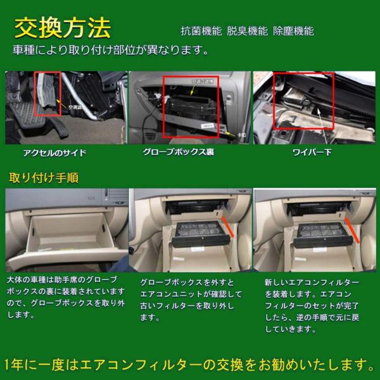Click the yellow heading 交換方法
[62, 28]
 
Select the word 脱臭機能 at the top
[244, 31]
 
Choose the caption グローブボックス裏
[184, 153]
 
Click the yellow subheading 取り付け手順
[44, 177]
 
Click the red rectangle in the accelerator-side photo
[47, 94]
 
